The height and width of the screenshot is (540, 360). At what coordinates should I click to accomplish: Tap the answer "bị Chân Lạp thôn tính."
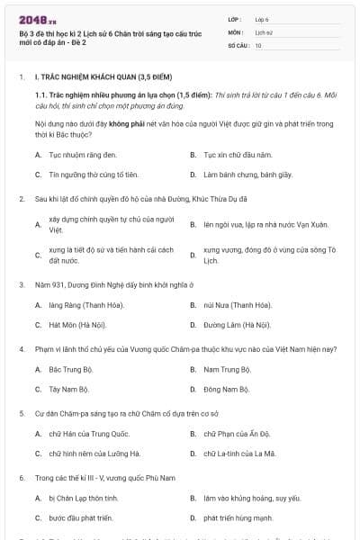coord(84,498)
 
